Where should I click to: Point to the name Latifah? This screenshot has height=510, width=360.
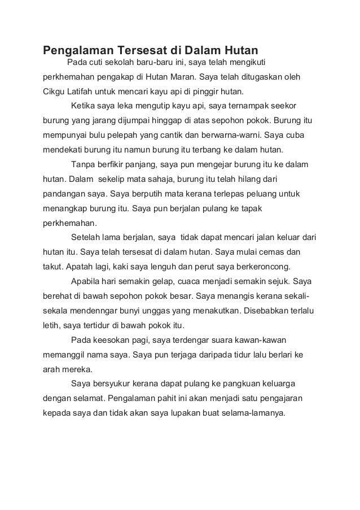(x=85, y=91)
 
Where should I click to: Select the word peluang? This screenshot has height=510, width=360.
(x=268, y=194)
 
